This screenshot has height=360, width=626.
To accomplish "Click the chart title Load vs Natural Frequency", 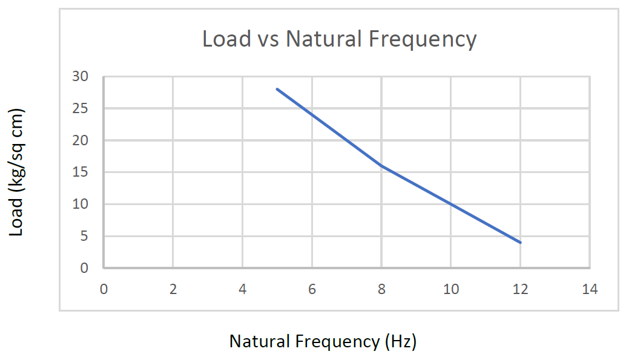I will tap(339, 39).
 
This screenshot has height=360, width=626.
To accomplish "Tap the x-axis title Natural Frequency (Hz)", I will tap(323, 341).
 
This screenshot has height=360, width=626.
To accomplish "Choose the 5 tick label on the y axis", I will tap(84, 237).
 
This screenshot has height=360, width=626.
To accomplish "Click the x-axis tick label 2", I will tap(173, 289).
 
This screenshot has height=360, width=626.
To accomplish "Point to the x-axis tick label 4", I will tap(242, 289).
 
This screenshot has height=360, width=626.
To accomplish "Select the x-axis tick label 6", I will tap(312, 289).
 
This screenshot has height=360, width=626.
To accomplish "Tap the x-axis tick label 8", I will tap(381, 289).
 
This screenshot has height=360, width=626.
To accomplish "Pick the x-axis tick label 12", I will tap(520, 289).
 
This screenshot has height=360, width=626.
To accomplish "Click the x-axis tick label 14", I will tap(590, 289).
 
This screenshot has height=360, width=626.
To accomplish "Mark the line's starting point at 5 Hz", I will tap(277, 89).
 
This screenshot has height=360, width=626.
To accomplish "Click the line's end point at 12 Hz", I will tap(520, 243).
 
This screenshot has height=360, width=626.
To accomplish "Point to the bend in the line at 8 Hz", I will tap(381, 166).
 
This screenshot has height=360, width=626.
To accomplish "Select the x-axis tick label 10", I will tap(451, 289).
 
